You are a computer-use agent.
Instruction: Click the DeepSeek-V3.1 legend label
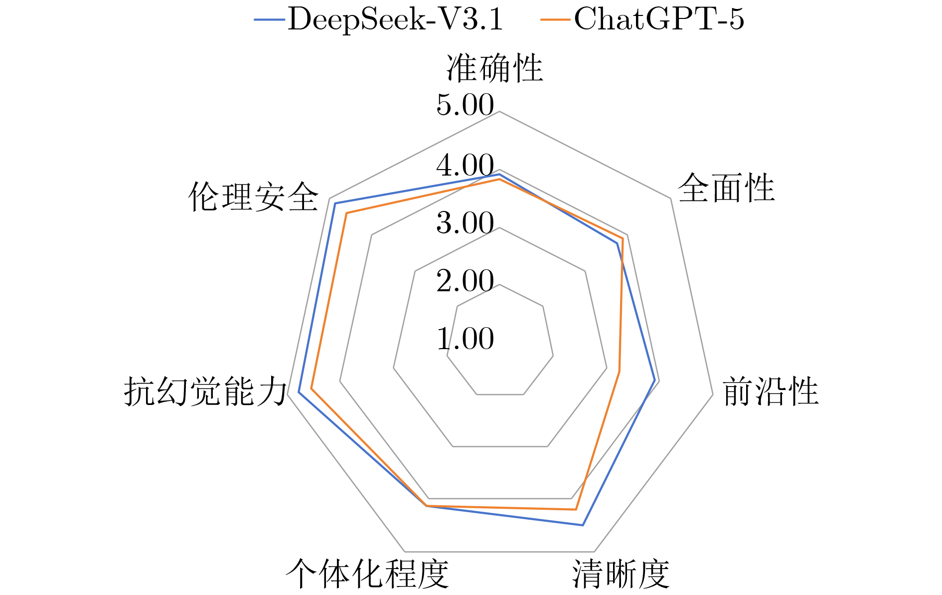[x=396, y=20]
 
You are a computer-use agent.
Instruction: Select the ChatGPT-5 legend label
[x=659, y=20]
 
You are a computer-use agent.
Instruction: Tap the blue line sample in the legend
[x=270, y=20]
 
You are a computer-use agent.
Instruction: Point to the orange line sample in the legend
[x=555, y=20]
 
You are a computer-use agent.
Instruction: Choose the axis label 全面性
[x=726, y=189]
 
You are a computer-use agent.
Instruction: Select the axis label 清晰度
[x=621, y=574]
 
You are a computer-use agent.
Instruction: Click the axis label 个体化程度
[x=367, y=574]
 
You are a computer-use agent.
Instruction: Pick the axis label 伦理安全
[x=253, y=197]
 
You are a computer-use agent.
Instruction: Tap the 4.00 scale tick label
[x=465, y=165]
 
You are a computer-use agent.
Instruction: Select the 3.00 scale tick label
[x=465, y=223]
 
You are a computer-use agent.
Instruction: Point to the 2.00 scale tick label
[x=465, y=281]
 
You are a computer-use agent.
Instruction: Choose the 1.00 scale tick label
[x=465, y=339]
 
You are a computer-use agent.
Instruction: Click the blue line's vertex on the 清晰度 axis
[x=582, y=525]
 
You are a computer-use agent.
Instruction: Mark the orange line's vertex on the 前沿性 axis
[x=619, y=371]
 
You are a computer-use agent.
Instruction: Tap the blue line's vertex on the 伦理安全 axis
[x=335, y=203]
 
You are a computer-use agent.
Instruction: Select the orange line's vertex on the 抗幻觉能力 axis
[x=312, y=388]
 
